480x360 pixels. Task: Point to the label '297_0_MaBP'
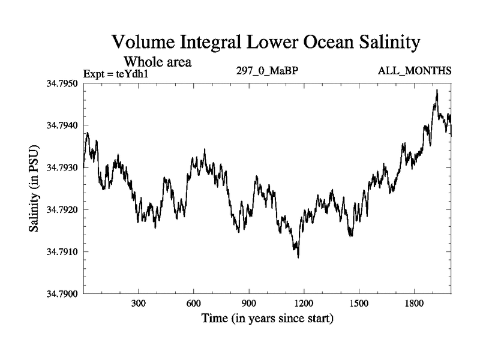tap(268, 71)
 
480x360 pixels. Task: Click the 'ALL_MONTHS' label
tap(414, 71)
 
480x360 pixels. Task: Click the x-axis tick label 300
tap(139, 304)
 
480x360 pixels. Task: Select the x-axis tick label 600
tap(194, 304)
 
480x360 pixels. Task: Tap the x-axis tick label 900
tap(249, 304)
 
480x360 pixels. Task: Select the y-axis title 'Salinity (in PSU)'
tap(34, 189)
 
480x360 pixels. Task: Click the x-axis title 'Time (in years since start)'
tap(268, 318)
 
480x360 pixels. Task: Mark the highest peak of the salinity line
tap(437, 90)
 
